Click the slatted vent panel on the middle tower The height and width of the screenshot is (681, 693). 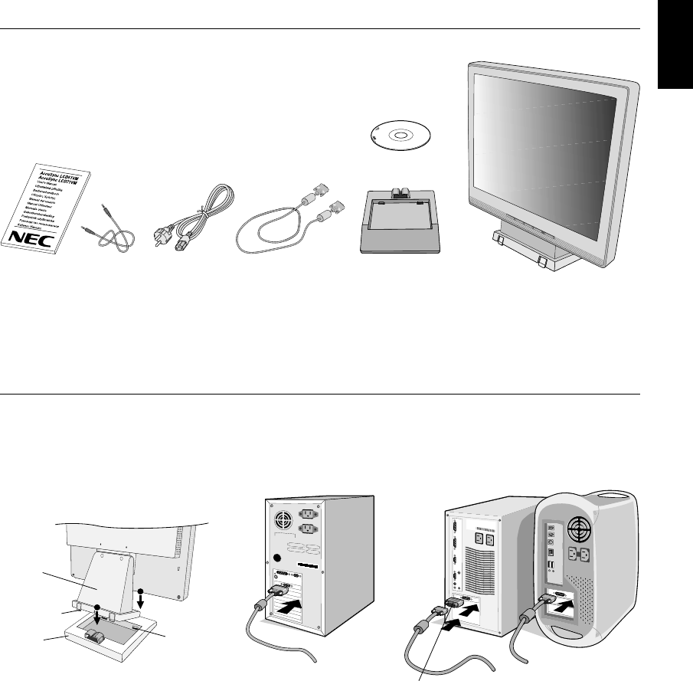tap(482, 574)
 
